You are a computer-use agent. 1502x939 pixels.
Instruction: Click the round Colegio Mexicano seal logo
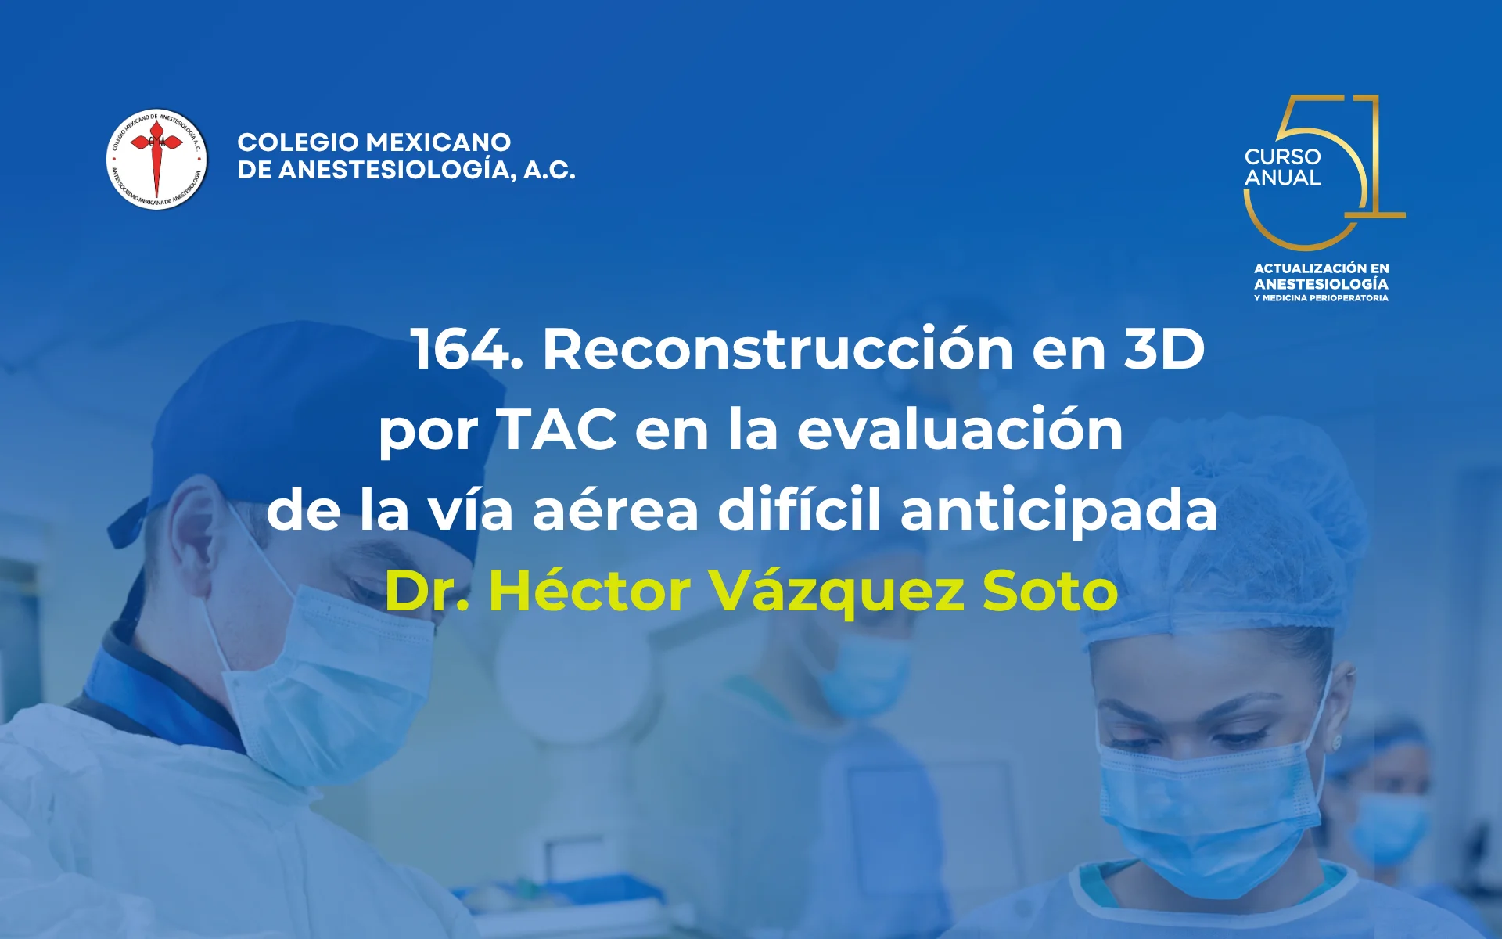click(156, 160)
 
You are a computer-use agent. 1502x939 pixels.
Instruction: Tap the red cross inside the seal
click(156, 153)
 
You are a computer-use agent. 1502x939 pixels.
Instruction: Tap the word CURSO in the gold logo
click(1282, 156)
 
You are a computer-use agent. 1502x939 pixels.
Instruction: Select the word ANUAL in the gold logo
click(1282, 178)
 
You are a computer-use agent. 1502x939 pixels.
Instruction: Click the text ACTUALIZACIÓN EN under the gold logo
click(1321, 268)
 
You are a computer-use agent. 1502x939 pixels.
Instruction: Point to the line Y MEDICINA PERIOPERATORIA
click(1321, 298)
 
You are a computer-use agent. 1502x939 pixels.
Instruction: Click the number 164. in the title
click(467, 349)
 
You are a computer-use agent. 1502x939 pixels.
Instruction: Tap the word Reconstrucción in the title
click(778, 349)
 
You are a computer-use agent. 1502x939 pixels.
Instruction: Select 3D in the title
click(1164, 349)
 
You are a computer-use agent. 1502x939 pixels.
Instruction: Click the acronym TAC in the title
click(557, 430)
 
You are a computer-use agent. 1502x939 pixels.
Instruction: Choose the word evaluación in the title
click(960, 430)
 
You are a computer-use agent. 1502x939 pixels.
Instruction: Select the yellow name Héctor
click(590, 591)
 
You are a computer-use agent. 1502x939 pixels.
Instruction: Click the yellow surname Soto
click(1050, 591)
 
